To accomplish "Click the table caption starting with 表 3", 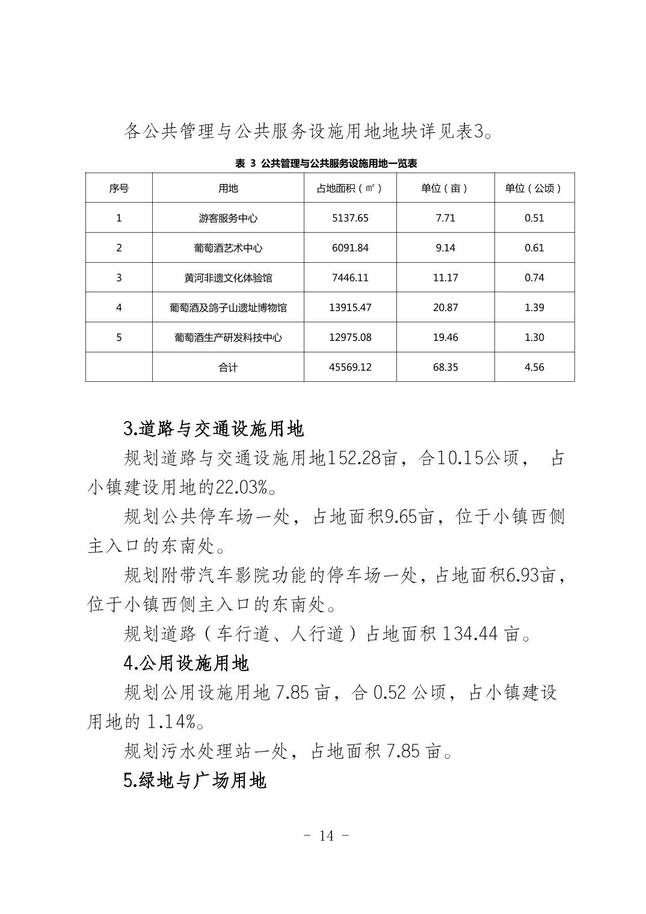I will click(326, 164).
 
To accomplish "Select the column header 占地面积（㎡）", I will click(349, 188).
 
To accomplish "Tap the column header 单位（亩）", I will click(445, 188).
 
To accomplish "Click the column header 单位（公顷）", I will click(534, 188).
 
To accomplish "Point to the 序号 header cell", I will click(118, 188).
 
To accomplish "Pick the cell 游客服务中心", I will click(228, 218).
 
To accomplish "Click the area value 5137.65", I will click(350, 218).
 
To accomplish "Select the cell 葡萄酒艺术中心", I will click(228, 248).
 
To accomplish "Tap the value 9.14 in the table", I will click(445, 248).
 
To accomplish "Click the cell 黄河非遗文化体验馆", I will click(228, 278).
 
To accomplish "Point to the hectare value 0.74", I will click(534, 278).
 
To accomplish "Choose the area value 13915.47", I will click(350, 307).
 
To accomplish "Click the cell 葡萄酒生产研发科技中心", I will click(228, 337).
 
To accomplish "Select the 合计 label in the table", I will click(228, 367).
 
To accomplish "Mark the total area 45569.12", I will click(350, 367).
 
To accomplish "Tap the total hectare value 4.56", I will click(534, 367).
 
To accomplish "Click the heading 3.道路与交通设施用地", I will click(214, 429).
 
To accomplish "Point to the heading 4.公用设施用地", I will click(186, 663).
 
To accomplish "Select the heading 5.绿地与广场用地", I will click(195, 781).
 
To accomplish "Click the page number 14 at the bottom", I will click(327, 836).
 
